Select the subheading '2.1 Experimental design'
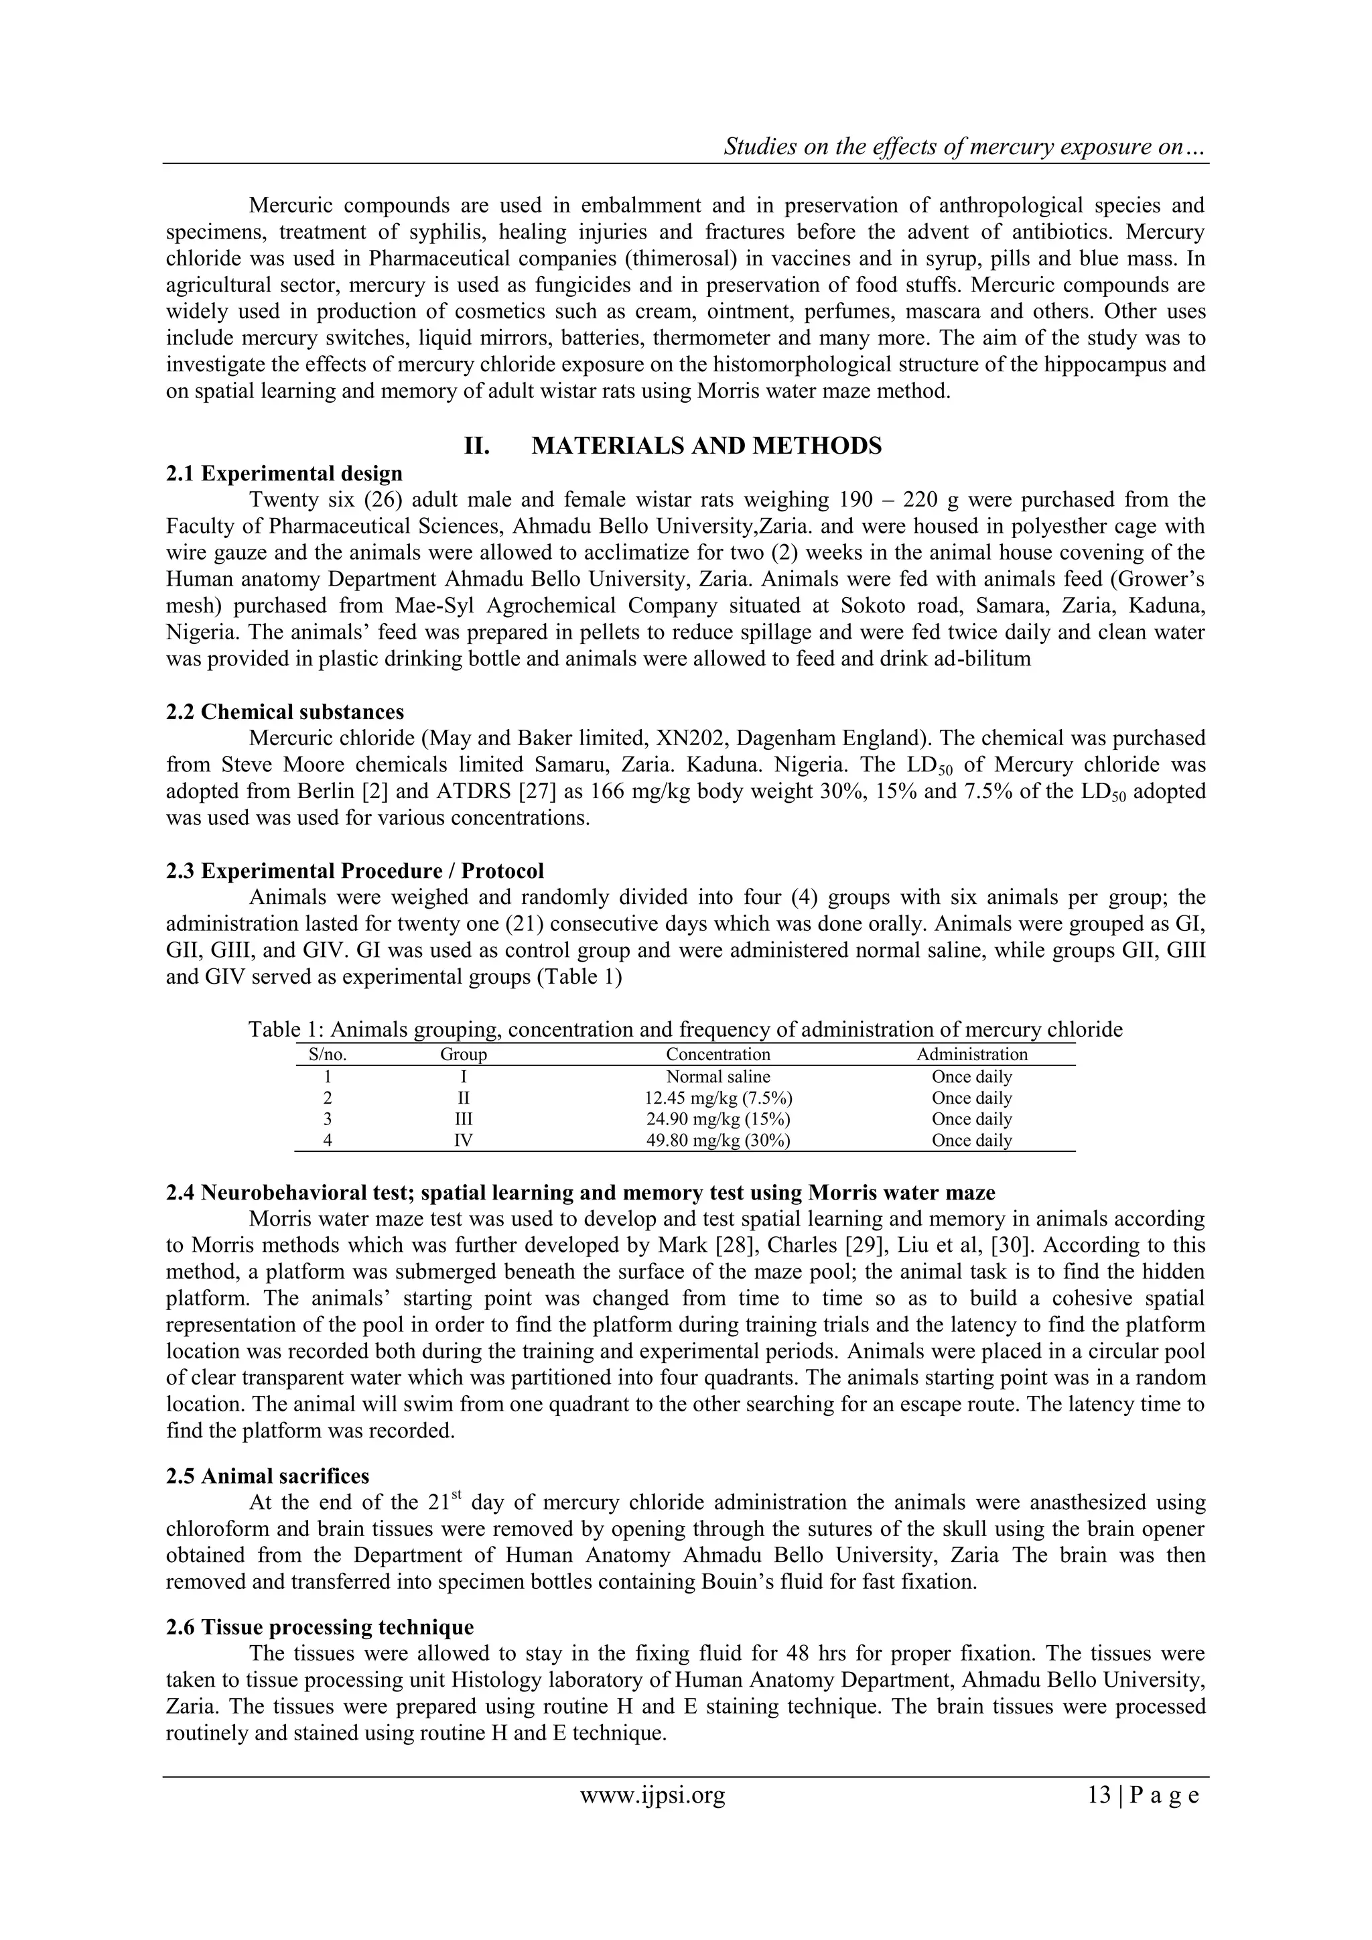coord(284,473)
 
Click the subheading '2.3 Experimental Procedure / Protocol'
coord(355,870)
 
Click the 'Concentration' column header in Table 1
coord(718,1055)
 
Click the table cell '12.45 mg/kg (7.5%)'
coord(718,1098)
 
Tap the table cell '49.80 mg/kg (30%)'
coord(718,1141)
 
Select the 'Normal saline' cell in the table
coord(718,1076)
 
